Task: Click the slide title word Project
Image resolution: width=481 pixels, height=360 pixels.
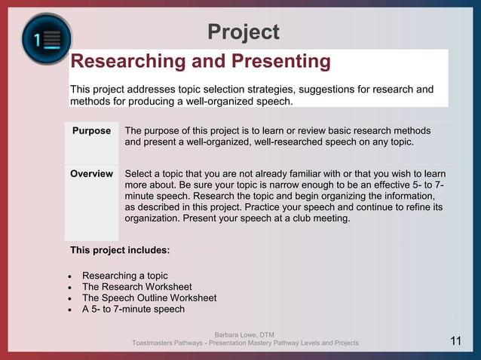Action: [243, 32]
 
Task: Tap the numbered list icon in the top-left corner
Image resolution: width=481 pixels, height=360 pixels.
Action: [46, 38]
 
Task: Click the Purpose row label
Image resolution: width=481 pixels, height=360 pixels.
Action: [91, 131]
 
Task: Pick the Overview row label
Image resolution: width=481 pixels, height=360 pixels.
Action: [91, 174]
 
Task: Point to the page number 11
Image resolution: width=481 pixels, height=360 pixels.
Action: [456, 341]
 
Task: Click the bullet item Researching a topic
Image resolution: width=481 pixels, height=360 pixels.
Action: [124, 276]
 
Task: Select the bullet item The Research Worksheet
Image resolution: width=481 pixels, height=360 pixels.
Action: [136, 287]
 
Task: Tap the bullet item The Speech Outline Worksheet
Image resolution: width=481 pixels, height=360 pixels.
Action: [149, 297]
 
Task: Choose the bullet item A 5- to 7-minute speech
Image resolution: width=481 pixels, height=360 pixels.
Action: [133, 309]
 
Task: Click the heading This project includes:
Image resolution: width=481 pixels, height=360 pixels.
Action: [120, 249]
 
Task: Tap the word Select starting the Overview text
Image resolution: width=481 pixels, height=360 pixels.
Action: [139, 174]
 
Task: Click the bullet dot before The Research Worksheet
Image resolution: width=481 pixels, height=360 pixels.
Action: [69, 288]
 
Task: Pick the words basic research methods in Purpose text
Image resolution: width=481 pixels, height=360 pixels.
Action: [384, 131]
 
